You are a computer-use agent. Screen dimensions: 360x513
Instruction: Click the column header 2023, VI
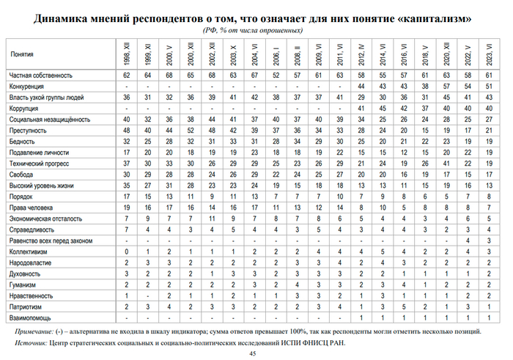488,55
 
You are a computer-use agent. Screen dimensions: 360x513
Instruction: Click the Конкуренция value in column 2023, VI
488,87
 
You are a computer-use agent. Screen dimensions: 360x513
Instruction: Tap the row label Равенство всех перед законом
51,240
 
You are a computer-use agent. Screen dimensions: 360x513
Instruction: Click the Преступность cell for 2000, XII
191,130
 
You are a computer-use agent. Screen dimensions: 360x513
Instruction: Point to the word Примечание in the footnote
38,331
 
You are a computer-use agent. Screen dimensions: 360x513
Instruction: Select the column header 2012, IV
361,55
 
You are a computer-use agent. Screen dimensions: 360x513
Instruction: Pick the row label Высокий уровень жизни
43,186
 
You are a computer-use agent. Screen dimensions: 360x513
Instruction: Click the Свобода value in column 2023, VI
488,175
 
